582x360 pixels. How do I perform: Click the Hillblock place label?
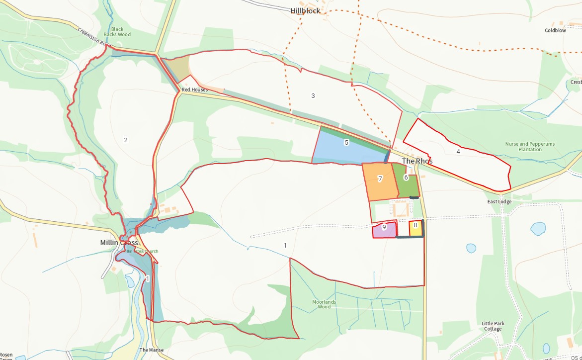pos(305,10)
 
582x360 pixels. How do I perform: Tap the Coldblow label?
pos(555,30)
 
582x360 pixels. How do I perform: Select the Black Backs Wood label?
pos(117,32)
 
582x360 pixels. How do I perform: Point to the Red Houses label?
pos(194,90)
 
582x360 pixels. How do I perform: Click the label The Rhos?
pos(417,161)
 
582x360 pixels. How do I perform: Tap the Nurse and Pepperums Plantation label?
pos(530,147)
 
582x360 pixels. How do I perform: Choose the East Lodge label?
pos(499,202)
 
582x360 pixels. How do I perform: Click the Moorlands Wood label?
pos(324,304)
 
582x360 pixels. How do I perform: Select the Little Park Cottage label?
pos(493,326)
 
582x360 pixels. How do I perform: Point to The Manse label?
pos(151,350)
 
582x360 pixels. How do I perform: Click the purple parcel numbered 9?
pos(384,230)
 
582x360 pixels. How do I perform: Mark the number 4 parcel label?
pos(458,151)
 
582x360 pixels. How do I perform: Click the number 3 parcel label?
pos(313,95)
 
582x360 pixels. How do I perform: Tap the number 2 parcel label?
pos(126,140)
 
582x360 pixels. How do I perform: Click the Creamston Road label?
pos(94,37)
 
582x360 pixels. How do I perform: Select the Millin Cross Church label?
pos(141,251)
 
